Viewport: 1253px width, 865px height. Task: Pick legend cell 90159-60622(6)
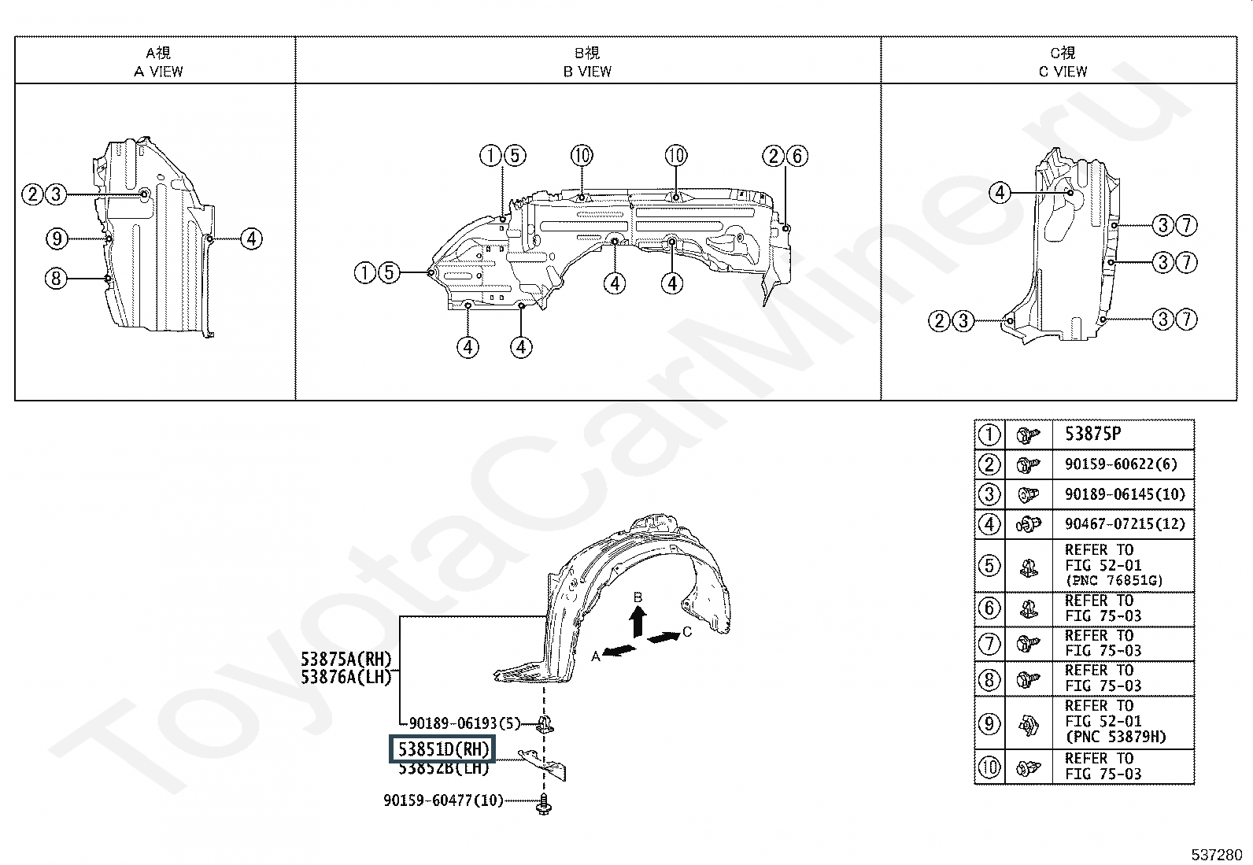[x=1121, y=464]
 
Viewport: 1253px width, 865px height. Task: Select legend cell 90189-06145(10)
[x=1124, y=494]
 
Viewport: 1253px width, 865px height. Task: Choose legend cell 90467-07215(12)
[x=1124, y=523]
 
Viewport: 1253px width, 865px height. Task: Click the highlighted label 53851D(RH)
[x=442, y=749]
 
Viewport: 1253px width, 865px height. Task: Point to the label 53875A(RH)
[x=346, y=659]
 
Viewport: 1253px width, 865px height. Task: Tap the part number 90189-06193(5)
[x=454, y=722]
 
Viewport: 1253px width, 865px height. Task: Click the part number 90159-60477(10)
[x=443, y=800]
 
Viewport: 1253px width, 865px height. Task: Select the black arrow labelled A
[x=620, y=650]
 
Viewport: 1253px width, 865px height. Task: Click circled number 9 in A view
[x=55, y=238]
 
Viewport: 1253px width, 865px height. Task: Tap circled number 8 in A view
[x=55, y=278]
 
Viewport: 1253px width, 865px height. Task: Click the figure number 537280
[x=1216, y=854]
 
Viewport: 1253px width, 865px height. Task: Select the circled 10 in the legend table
[x=989, y=766]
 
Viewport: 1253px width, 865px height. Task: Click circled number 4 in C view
[x=1000, y=193]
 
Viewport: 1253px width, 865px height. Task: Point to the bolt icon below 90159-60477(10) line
[x=545, y=804]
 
